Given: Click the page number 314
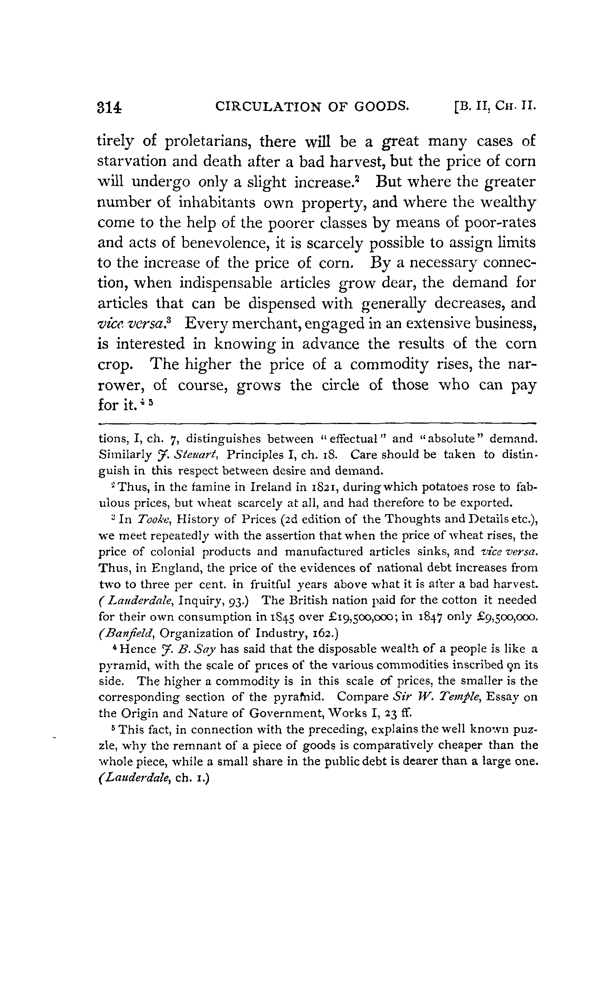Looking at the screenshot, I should (x=109, y=107).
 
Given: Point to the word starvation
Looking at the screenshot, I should (x=132, y=161).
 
